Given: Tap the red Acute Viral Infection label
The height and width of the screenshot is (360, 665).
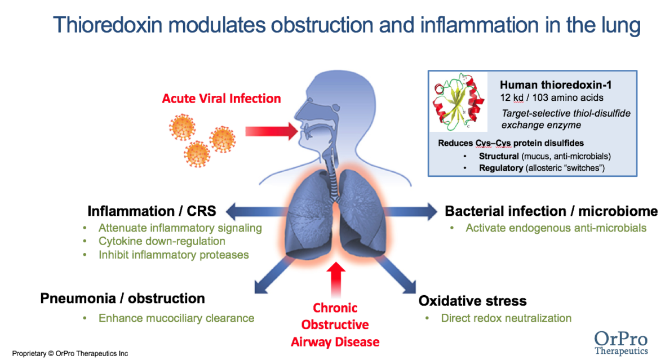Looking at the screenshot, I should coord(221,99).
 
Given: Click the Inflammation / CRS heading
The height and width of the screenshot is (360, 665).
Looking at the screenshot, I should coord(152,211).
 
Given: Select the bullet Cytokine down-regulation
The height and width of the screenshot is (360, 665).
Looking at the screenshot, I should coord(162,241).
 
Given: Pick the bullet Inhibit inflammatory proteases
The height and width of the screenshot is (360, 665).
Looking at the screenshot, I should coord(174,255).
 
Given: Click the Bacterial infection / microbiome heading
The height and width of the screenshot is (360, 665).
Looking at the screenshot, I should coord(551,211).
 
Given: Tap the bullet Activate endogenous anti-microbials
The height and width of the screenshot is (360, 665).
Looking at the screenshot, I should coord(556,228).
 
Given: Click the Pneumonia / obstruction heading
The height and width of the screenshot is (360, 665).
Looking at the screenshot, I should coord(122,298).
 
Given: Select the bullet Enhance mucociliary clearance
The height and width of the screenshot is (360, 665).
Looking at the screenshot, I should coord(176,318).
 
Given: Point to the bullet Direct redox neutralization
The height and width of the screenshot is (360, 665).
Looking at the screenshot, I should coord(506,318).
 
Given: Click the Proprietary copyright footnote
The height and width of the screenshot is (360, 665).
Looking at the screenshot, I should coord(70,353).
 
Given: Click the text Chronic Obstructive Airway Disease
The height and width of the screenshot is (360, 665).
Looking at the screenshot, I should coord(335,325).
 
